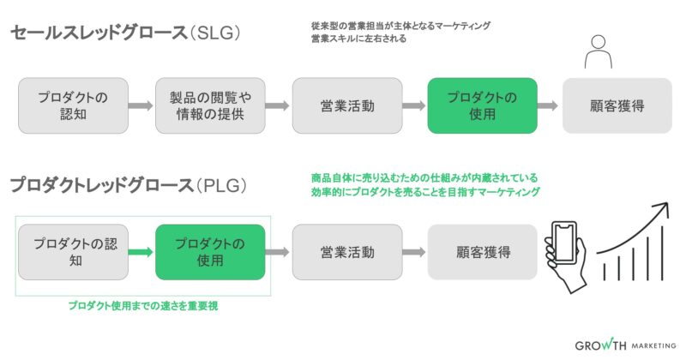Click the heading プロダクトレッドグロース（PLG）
click(129, 185)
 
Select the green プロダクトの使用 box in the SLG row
click(482, 105)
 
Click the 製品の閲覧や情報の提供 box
click(209, 105)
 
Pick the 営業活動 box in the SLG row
click(346, 105)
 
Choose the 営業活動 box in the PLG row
click(346, 252)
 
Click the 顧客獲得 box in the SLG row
click(617, 105)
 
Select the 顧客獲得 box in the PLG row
click(482, 252)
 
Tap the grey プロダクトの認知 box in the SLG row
click(74, 105)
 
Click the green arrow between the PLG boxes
click(141, 253)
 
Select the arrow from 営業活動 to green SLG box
click(414, 106)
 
